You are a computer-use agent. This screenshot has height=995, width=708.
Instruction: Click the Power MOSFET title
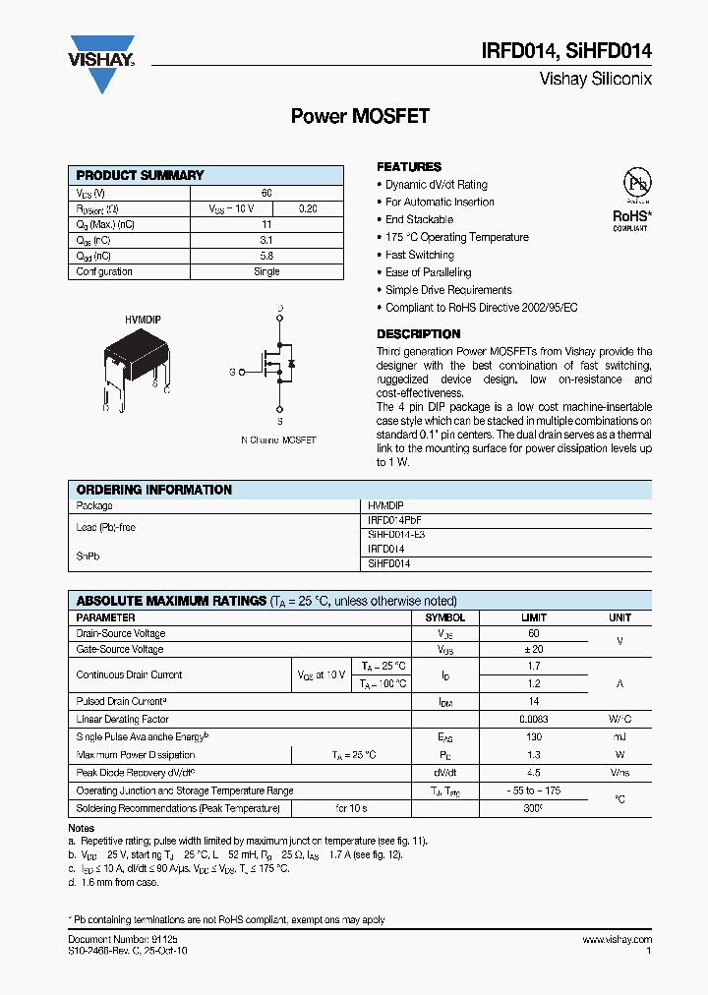coord(360,116)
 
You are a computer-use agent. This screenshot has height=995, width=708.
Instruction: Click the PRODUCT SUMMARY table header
coord(141,175)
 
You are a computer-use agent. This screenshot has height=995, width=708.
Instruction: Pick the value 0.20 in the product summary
coord(308,208)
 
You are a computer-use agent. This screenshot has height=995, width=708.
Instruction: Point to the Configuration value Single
coord(266,271)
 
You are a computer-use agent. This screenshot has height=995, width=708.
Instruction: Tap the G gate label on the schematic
coord(232,372)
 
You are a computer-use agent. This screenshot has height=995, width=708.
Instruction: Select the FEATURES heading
coord(409,167)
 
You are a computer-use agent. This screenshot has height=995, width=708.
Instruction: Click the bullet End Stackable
coord(419,219)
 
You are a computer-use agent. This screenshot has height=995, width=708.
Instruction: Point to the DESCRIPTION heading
coord(418,334)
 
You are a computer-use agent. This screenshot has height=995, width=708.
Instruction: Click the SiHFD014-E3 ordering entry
coord(396,534)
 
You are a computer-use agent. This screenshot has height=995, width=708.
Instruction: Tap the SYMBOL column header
coord(444,617)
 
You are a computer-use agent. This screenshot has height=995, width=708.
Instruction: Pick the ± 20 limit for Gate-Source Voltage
coord(533,649)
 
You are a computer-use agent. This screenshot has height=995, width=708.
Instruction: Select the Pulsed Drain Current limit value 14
coord(533,702)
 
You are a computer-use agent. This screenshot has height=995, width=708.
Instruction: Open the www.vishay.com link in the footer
coord(616,941)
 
